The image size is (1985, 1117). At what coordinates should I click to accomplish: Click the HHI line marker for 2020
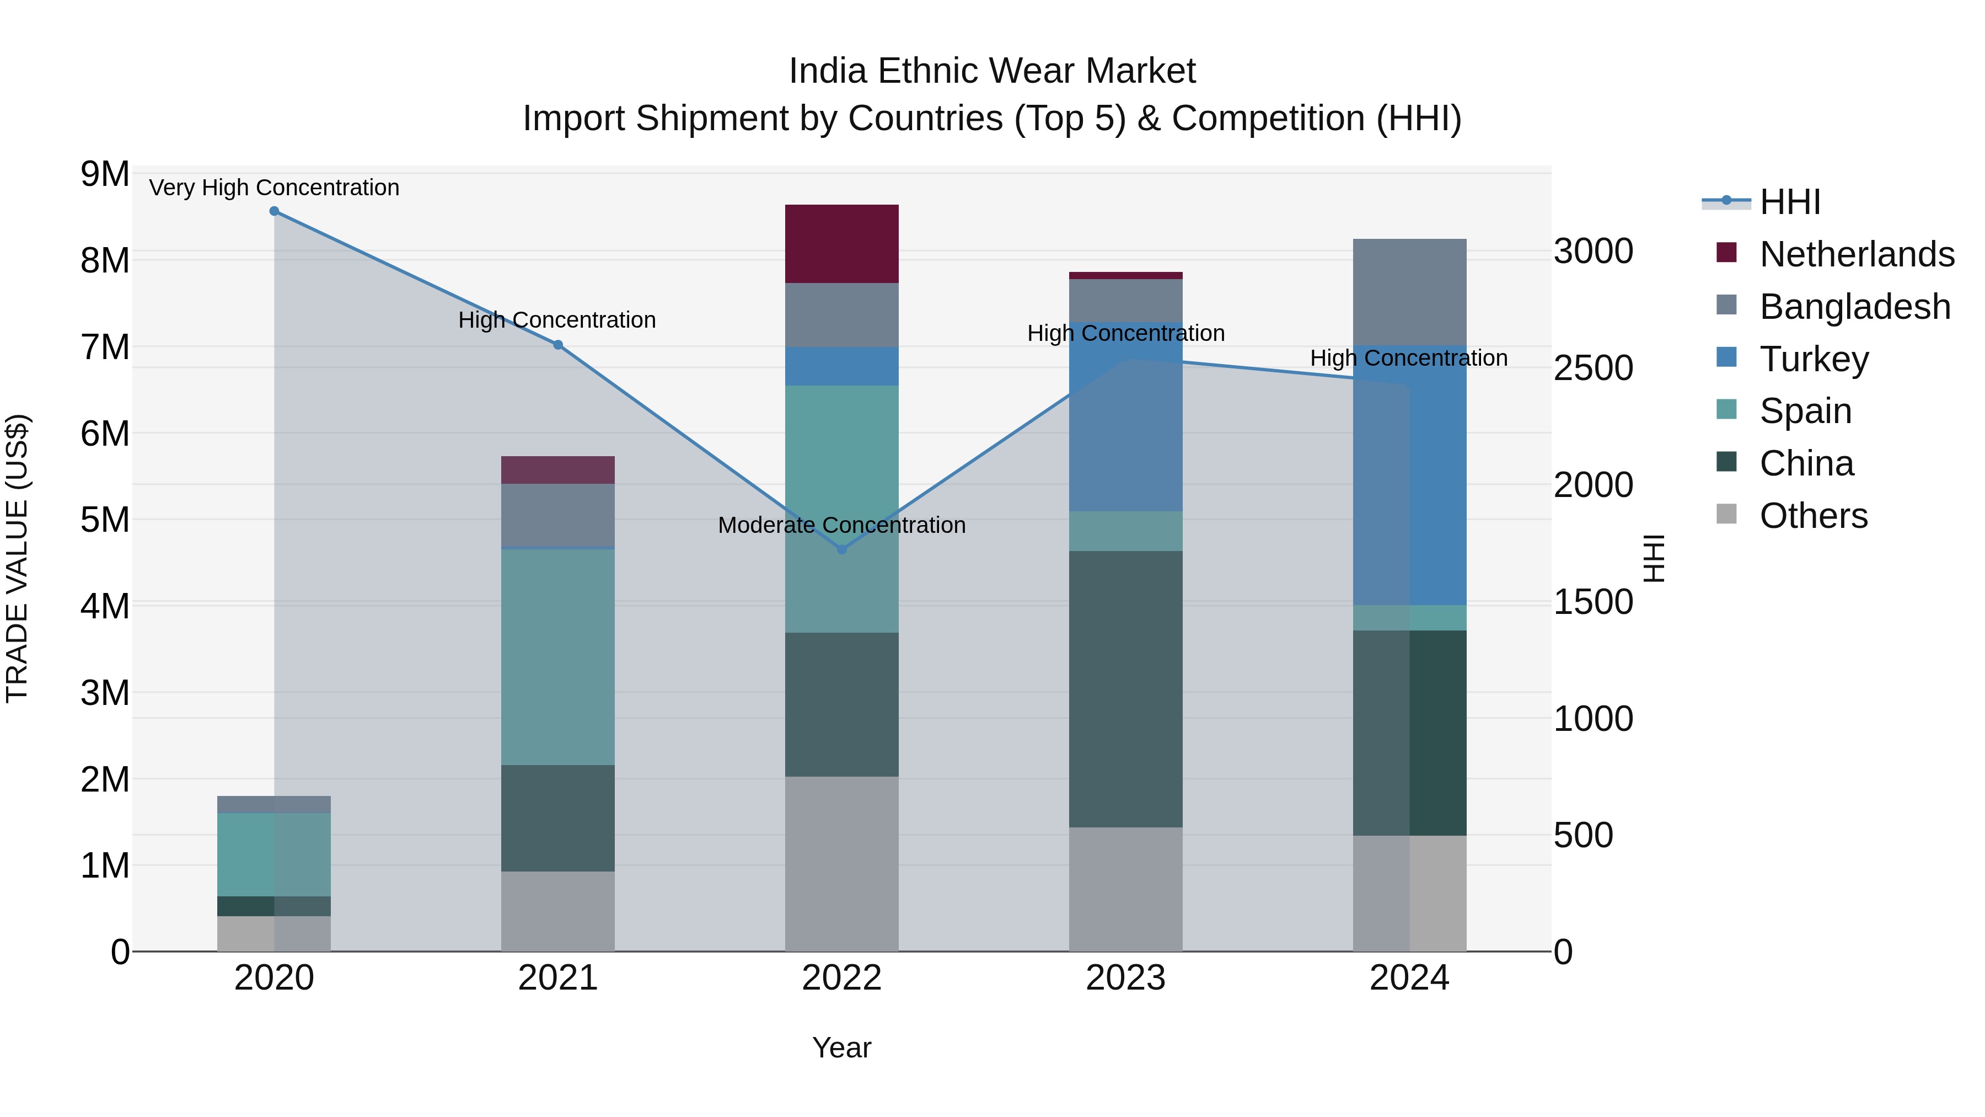[275, 211]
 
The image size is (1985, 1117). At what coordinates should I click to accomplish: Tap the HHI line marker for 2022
[841, 549]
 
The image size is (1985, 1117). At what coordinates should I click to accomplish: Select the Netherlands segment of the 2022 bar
[841, 244]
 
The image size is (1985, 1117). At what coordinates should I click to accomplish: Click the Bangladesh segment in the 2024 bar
[1409, 293]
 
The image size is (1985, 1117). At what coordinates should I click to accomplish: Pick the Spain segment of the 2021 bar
[558, 657]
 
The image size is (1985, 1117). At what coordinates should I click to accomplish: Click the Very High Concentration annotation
[275, 188]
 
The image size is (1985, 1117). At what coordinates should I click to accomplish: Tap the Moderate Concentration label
[841, 525]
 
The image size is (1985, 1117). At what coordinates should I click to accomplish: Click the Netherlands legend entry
[1857, 254]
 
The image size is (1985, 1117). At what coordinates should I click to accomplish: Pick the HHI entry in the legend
[1789, 202]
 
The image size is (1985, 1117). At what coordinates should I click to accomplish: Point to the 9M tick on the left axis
[105, 174]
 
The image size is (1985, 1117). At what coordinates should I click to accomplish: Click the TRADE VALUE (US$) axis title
[17, 558]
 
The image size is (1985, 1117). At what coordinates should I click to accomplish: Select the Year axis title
[841, 1047]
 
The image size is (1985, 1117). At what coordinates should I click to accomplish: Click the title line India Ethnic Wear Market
[992, 71]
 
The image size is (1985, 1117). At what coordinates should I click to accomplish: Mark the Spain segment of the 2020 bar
[275, 854]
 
